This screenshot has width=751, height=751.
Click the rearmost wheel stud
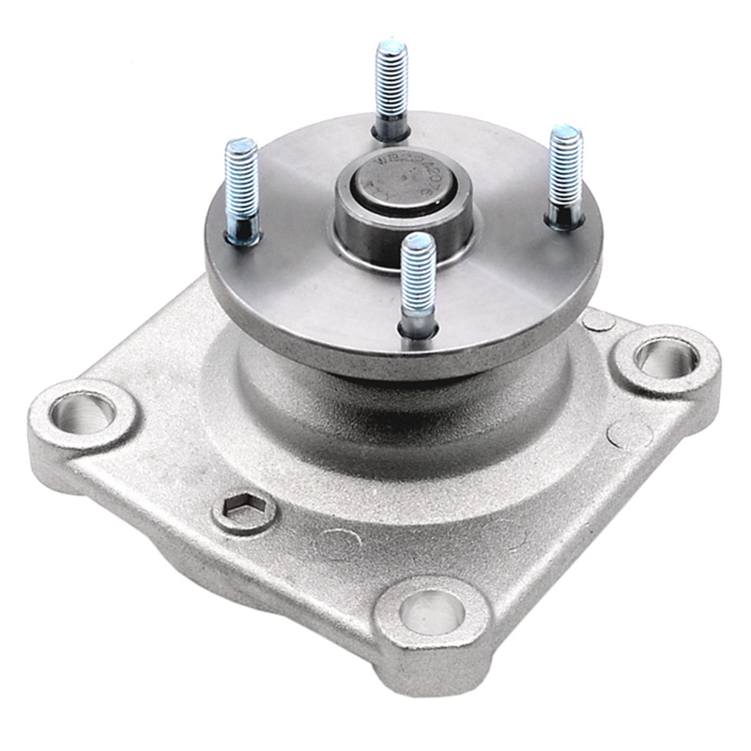[391, 89]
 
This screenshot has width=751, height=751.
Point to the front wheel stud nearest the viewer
[417, 282]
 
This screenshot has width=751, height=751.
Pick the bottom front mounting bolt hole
[432, 612]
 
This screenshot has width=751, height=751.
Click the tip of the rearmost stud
[391, 47]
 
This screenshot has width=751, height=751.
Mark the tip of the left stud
[241, 146]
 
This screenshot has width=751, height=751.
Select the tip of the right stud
[565, 133]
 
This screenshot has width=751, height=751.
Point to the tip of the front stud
[418, 242]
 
